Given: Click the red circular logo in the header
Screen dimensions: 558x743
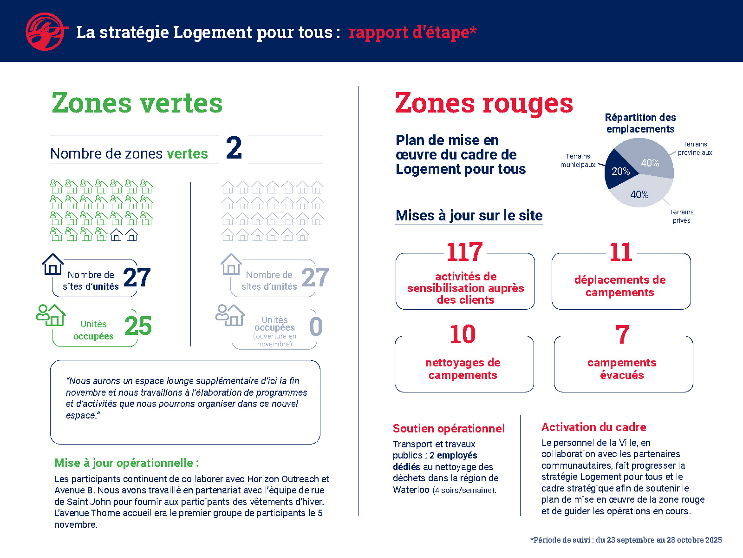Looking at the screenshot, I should (45, 32).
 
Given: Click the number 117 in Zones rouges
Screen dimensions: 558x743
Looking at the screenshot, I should (464, 252).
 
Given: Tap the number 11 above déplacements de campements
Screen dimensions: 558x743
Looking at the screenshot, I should (620, 252).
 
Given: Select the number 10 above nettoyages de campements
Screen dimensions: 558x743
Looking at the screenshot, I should (463, 335).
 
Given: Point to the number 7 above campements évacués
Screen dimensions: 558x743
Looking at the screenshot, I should (622, 335).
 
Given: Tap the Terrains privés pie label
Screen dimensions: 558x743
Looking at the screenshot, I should (681, 216).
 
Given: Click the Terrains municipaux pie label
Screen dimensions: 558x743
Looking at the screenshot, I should (578, 160).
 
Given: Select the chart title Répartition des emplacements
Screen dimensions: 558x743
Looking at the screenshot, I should (640, 123).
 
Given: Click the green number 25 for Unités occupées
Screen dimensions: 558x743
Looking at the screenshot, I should (138, 326).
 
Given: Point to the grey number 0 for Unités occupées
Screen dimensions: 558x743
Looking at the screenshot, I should (316, 326).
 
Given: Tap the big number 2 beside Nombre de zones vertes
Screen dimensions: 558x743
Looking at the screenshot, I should (234, 148).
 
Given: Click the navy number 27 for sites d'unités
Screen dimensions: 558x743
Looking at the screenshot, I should (137, 278).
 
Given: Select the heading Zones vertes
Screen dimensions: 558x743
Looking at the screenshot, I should (137, 103).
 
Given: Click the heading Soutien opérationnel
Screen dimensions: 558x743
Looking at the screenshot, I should (449, 428).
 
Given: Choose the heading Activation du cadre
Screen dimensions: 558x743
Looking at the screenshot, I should (593, 427).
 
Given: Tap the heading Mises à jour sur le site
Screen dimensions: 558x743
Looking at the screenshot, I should (469, 215).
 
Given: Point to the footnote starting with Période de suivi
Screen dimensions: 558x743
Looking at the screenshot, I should (626, 540).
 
